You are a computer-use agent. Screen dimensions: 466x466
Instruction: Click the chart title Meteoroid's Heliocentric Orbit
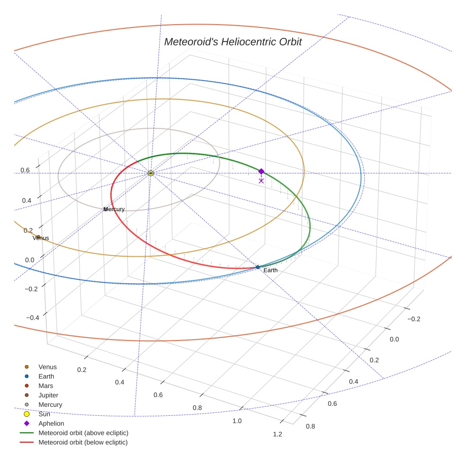pos(233,42)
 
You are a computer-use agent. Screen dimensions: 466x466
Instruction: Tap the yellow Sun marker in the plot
pos(151,173)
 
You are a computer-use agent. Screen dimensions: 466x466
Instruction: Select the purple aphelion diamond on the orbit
pos(261,171)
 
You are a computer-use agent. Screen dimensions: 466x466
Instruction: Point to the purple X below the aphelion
pos(261,180)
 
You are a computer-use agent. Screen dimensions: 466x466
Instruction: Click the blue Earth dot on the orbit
pos(258,267)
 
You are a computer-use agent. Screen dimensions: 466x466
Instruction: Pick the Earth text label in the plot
pos(270,270)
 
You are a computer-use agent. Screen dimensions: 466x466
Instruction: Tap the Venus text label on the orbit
pos(41,238)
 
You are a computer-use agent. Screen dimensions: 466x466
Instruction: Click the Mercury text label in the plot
pos(114,209)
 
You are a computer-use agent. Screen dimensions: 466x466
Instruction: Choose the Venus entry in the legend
pos(47,367)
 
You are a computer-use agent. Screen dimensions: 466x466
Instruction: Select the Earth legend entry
pos(46,376)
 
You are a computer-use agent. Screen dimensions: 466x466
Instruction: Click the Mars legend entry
pos(45,386)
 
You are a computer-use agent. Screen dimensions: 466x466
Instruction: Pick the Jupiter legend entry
pos(48,395)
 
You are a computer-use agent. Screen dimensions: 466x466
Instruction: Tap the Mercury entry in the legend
pos(50,405)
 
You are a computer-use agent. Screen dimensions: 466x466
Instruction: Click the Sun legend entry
pos(44,414)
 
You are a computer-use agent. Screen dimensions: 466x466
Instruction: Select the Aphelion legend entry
pos(51,424)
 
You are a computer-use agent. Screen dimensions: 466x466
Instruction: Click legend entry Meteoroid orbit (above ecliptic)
pos(83,433)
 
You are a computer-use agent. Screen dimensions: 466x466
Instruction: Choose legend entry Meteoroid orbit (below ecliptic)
pos(83,442)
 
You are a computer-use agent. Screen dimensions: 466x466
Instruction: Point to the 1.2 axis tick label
pos(278,435)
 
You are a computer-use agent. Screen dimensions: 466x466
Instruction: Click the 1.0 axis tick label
pos(237,421)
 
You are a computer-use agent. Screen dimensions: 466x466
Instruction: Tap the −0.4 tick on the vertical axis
pos(33,317)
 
